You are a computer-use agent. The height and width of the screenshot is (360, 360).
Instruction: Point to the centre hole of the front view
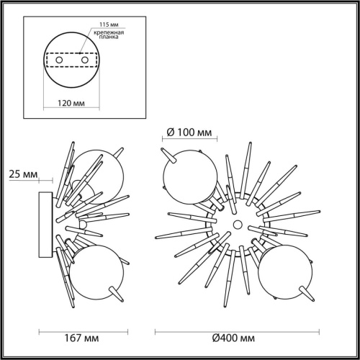(235, 226)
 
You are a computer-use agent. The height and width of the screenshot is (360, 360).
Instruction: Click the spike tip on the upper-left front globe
(166, 152)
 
